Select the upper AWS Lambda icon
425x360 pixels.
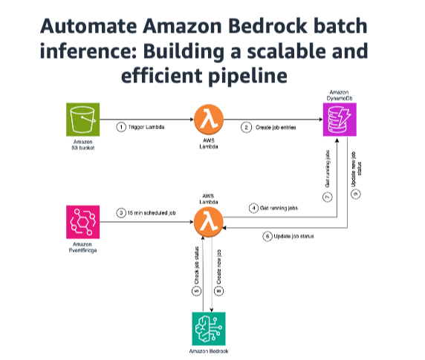pos(208,120)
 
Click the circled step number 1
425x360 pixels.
pos(122,126)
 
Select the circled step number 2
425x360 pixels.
pos(246,126)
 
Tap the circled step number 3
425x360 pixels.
pos(122,215)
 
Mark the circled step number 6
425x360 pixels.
pos(267,236)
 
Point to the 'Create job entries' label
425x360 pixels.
pos(277,126)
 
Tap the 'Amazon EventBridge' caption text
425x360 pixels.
pos(83,249)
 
